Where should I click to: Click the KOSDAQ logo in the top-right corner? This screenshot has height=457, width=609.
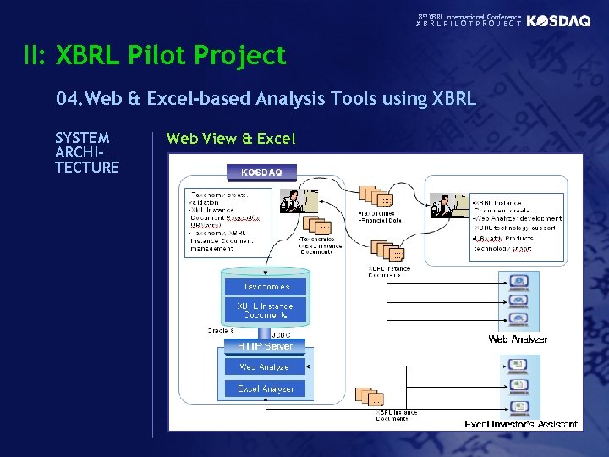(x=558, y=21)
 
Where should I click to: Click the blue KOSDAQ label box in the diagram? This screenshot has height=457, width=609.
(x=262, y=173)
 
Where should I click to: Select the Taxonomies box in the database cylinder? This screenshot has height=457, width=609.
(x=266, y=287)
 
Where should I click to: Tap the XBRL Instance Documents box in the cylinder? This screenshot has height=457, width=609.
(x=266, y=310)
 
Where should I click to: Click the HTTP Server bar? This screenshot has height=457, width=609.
(x=266, y=346)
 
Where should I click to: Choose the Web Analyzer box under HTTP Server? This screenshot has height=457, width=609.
(x=266, y=366)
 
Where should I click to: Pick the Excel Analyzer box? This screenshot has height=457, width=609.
(x=266, y=388)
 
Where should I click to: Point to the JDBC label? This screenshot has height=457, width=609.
(x=281, y=334)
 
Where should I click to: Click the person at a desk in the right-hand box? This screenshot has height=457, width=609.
(x=447, y=206)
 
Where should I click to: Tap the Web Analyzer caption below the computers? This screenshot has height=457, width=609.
(x=518, y=339)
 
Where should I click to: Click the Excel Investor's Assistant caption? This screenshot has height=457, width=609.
(x=521, y=424)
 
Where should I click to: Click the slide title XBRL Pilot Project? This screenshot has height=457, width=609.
(x=171, y=56)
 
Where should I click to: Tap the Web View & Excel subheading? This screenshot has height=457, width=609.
(x=231, y=138)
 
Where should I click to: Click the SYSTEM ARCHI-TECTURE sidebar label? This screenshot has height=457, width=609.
(x=86, y=152)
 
